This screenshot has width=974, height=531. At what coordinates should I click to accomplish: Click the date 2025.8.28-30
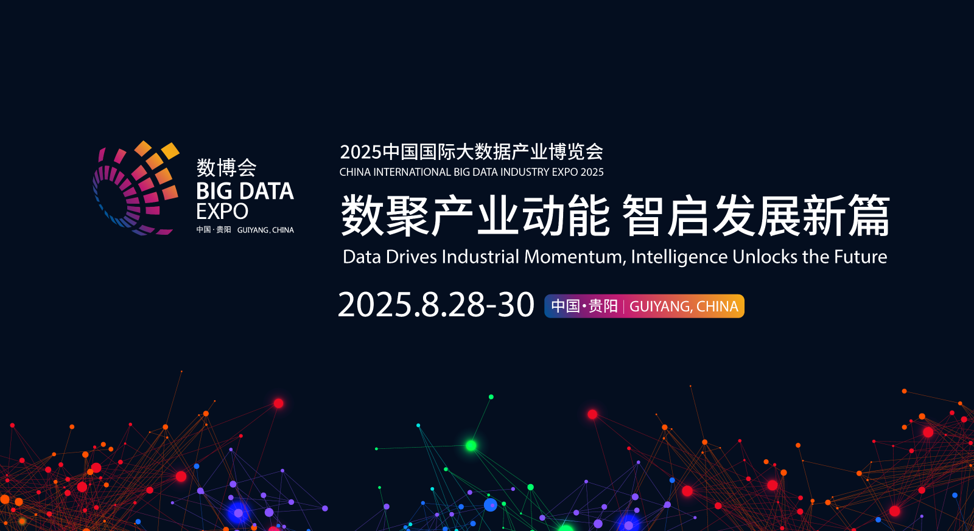(x=436, y=305)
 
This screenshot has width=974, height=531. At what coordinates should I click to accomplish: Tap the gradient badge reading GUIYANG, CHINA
(x=644, y=306)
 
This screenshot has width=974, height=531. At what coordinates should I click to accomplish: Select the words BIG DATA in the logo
(x=245, y=191)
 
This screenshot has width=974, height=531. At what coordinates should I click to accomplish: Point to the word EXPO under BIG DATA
(x=222, y=212)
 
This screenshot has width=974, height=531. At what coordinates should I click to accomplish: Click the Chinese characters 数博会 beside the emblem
(x=226, y=168)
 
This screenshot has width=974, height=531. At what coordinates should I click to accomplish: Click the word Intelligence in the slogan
(x=679, y=257)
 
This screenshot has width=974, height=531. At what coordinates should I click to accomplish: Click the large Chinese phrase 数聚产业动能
(x=475, y=215)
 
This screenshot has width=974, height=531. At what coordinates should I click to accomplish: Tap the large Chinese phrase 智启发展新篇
(x=756, y=215)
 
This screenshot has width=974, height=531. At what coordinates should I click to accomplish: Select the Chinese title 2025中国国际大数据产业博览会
(x=472, y=151)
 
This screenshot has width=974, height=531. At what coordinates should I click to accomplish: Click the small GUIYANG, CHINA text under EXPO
(x=265, y=230)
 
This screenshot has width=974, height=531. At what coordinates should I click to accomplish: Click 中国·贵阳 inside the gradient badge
(x=584, y=306)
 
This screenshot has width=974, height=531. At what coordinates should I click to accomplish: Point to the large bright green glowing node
(x=471, y=445)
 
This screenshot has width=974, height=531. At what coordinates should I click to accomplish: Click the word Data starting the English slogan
(x=362, y=257)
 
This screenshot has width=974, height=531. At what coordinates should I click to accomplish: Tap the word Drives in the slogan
(x=412, y=257)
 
